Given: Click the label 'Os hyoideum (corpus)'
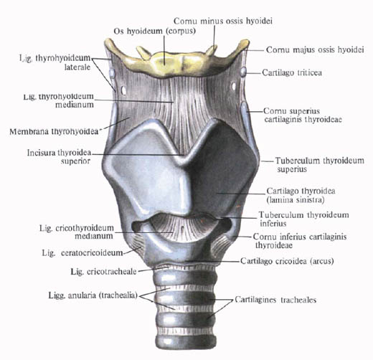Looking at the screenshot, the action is [154, 31].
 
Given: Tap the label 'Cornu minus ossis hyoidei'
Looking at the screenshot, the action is [223, 21].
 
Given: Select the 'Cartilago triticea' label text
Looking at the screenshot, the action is [292, 72].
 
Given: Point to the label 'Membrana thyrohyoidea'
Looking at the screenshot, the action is [54, 131].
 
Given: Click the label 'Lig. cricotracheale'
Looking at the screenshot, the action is [103, 272].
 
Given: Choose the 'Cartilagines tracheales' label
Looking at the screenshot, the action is [275, 300].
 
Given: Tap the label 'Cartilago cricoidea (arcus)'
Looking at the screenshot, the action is [287, 261].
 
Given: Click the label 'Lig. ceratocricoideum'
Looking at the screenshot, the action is [82, 252].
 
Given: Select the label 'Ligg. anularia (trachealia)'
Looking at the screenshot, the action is [93, 295].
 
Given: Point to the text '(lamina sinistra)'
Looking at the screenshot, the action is [296, 199].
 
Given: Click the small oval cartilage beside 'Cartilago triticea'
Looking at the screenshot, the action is [243, 72].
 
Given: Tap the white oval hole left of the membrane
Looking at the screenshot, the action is [123, 90].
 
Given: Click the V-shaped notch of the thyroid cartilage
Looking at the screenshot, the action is [184, 156].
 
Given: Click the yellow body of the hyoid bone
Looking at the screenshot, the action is [165, 63].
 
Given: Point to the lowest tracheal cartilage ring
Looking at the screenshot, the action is [186, 341].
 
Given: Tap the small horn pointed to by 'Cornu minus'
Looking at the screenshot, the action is [212, 50].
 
